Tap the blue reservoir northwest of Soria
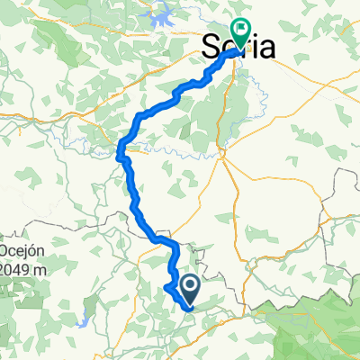(166, 16)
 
